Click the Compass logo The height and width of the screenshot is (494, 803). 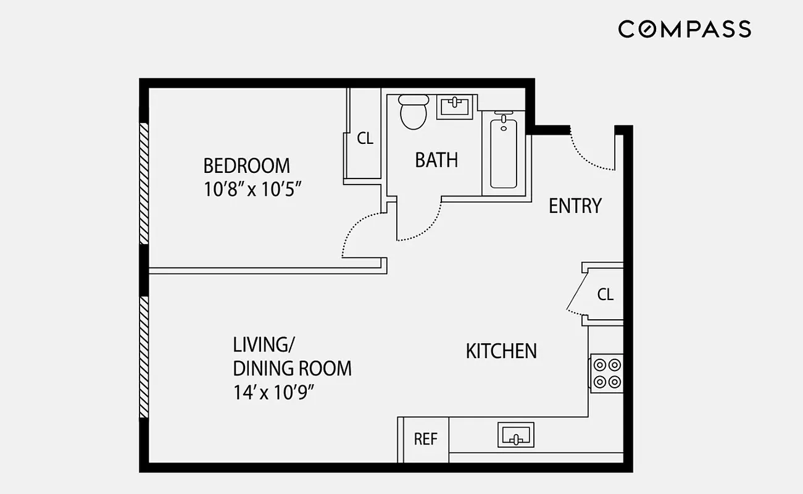click(x=684, y=29)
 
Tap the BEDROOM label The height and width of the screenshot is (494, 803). click(x=246, y=166)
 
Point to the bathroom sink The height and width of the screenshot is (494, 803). click(x=455, y=106)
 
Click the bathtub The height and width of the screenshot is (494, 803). click(x=504, y=152)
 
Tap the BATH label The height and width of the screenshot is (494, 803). click(x=436, y=161)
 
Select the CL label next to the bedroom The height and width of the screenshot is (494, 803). click(x=365, y=139)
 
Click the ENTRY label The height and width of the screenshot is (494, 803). click(x=575, y=206)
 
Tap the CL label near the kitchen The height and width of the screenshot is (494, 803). click(x=605, y=295)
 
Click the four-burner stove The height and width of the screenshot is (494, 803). click(x=606, y=373)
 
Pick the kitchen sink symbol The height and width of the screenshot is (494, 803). click(x=515, y=435)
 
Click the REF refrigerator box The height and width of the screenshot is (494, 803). click(x=425, y=440)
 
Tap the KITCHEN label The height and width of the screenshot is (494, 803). click(x=501, y=351)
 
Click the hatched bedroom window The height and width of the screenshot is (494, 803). click(x=144, y=183)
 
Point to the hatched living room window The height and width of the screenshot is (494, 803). click(x=144, y=358)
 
